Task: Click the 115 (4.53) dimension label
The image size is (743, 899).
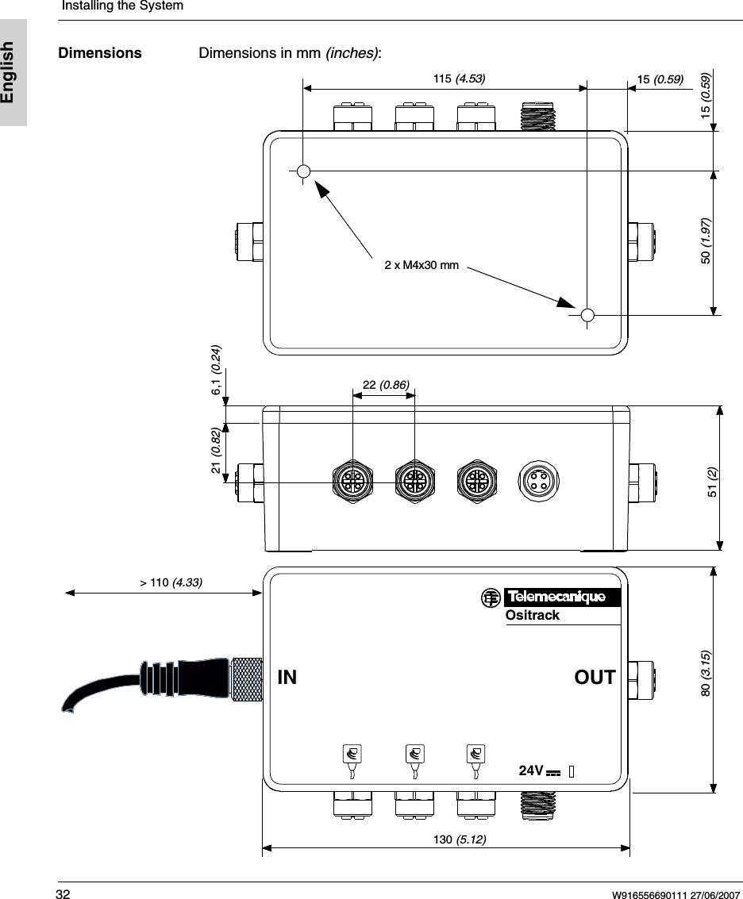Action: point(459,79)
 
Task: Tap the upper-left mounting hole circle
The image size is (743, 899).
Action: point(303,171)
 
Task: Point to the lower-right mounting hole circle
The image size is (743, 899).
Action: point(587,315)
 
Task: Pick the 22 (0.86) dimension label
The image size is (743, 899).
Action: point(386,386)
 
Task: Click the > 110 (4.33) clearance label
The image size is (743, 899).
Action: point(171,582)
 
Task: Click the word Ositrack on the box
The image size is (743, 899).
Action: point(532,616)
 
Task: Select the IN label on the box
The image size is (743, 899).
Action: point(287,678)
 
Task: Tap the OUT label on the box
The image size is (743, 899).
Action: point(595,678)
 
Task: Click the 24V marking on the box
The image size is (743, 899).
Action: point(530,770)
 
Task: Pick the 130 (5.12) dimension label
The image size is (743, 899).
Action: point(460,839)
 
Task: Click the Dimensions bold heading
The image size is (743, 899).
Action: point(100,53)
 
